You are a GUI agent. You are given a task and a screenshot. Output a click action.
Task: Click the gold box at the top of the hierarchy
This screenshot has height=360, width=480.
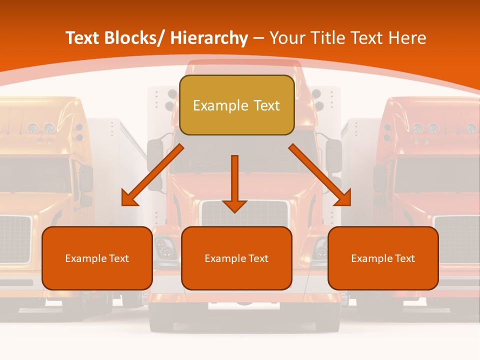236,105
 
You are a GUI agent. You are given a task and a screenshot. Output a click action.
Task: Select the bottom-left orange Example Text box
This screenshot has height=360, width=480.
97,258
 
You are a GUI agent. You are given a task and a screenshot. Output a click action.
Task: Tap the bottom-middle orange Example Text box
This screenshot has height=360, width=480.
236,258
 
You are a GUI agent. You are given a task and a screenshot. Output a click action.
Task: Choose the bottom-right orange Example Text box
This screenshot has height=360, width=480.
383,258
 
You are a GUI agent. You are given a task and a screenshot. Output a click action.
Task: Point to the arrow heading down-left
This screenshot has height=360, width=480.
152,175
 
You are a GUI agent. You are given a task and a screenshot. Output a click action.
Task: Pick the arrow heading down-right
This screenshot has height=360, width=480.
320,175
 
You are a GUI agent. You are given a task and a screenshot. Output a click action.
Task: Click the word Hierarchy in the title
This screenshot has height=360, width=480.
209,38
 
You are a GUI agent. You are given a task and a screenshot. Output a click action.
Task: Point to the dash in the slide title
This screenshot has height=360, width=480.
258,38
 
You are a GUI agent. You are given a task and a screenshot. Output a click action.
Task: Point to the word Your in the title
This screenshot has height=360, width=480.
287,38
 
